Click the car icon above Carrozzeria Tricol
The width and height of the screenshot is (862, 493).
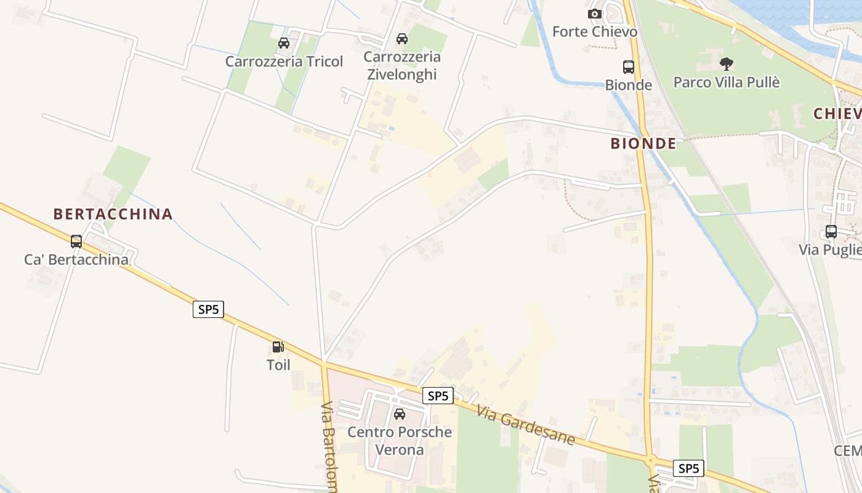(284, 43)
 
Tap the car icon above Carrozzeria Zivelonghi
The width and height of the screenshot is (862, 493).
(402, 39)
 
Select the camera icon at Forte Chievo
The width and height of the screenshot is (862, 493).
(594, 14)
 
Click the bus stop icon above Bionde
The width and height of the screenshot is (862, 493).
(629, 67)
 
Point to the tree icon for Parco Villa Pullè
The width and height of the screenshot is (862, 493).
(727, 63)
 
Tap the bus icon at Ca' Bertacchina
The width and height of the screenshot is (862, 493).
(76, 242)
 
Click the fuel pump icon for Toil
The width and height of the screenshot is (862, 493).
(278, 348)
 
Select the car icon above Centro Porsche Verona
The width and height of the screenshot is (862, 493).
(400, 414)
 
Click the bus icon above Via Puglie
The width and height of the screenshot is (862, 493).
(831, 232)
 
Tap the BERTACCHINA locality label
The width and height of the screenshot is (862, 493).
(113, 214)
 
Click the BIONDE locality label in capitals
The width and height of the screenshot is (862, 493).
(643, 144)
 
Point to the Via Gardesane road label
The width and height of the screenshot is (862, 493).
(525, 425)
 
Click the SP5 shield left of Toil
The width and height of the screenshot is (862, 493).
(208, 309)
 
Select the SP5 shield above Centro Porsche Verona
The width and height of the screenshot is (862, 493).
(438, 396)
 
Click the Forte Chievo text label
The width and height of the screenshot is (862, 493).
(594, 31)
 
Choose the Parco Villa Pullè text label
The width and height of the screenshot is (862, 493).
(727, 82)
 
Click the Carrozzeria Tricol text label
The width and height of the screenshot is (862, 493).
(284, 62)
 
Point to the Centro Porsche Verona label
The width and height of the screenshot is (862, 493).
(400, 441)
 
